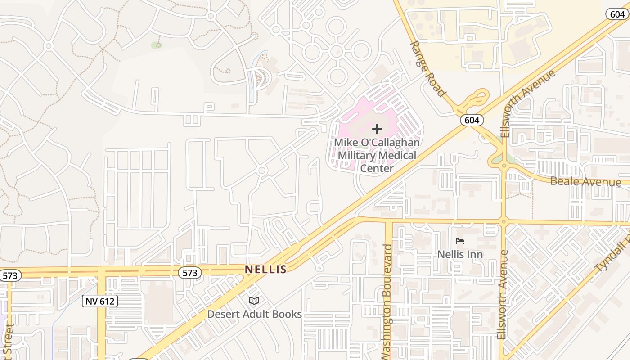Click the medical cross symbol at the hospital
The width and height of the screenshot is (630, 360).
(x=377, y=130)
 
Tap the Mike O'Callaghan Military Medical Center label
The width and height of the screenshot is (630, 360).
(x=377, y=156)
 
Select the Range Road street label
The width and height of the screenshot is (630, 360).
(x=427, y=69)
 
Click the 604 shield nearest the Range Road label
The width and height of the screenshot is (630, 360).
(x=472, y=120)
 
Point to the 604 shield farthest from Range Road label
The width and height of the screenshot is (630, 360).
(x=617, y=14)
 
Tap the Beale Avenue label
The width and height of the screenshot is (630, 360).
(x=585, y=182)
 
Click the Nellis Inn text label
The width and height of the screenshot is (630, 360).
(x=460, y=255)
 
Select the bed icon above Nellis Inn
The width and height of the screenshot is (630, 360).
(x=459, y=242)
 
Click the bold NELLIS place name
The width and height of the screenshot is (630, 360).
(x=265, y=270)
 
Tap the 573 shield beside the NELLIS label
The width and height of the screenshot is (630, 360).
(x=190, y=273)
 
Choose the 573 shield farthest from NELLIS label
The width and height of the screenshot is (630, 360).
(x=10, y=275)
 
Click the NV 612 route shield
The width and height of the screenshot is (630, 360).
(x=100, y=301)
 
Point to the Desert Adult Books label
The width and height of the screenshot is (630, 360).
(x=254, y=314)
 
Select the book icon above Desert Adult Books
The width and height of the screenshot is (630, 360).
(x=254, y=301)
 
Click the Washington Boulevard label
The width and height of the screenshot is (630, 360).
(x=388, y=301)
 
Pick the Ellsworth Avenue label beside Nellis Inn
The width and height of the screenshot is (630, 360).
(x=503, y=295)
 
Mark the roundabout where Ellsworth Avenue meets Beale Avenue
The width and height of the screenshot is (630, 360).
(x=504, y=166)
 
